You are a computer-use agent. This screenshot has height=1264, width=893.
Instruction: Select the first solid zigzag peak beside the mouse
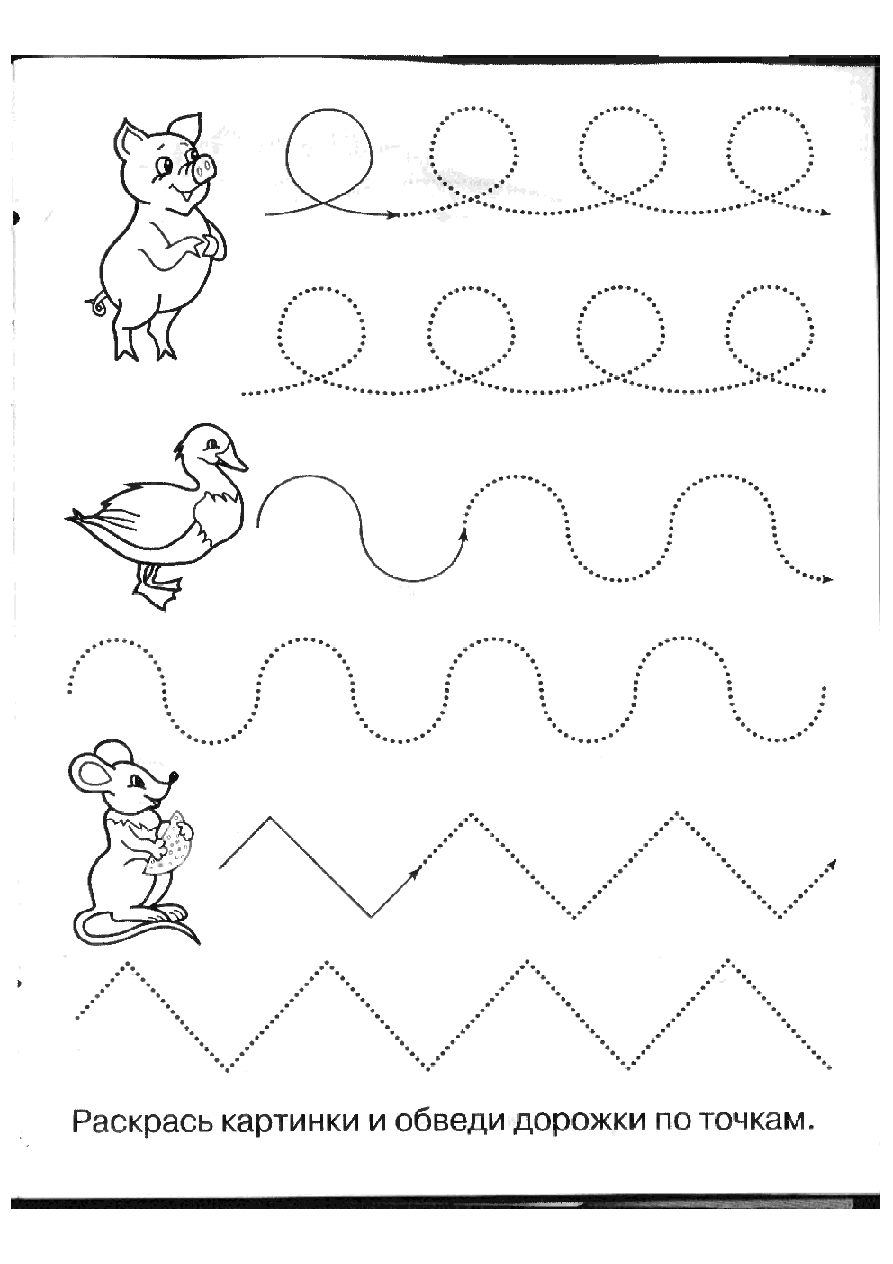(x=270, y=818)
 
